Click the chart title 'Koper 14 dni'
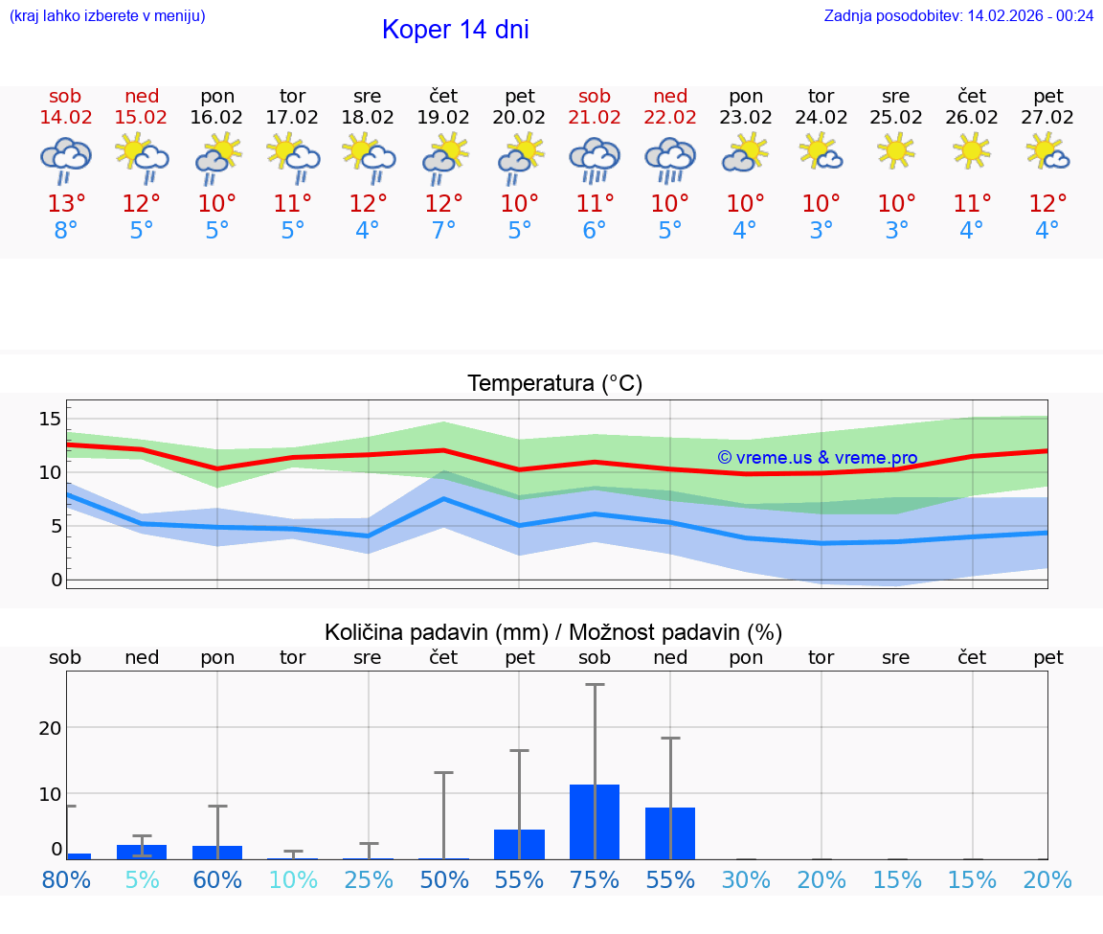click(x=455, y=30)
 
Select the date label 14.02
click(x=66, y=118)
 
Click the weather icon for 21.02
click(x=595, y=158)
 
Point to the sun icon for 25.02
click(x=896, y=150)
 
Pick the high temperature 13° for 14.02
click(x=66, y=204)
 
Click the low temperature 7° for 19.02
click(x=443, y=231)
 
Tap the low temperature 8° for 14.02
click(x=66, y=231)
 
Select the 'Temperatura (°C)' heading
click(x=554, y=383)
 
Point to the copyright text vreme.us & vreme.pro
click(x=817, y=458)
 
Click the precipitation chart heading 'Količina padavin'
click(x=552, y=632)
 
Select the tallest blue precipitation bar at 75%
click(x=595, y=821)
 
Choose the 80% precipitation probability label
click(x=66, y=880)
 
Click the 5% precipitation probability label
click(x=142, y=880)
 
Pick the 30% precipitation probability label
click(x=746, y=880)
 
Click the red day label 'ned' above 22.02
click(x=670, y=96)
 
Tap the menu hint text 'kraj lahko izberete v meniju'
click(x=106, y=15)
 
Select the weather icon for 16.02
click(x=217, y=158)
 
